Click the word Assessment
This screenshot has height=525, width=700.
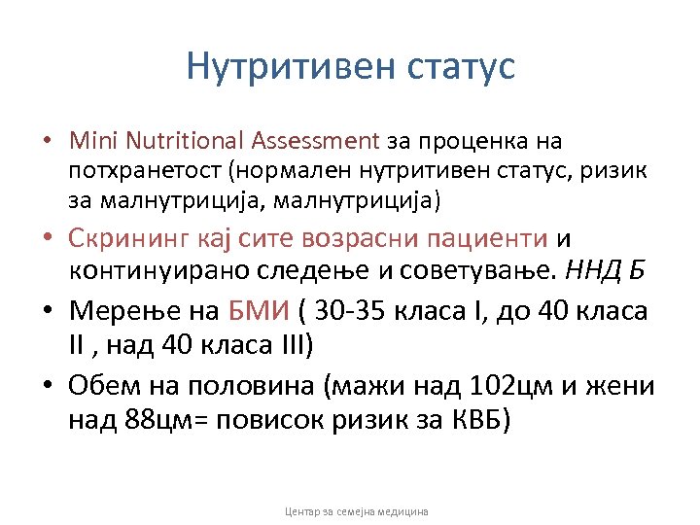click(315, 142)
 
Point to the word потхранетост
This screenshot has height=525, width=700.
click(131, 172)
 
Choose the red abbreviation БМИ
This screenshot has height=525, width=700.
click(257, 312)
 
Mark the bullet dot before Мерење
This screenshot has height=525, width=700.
click(48, 313)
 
